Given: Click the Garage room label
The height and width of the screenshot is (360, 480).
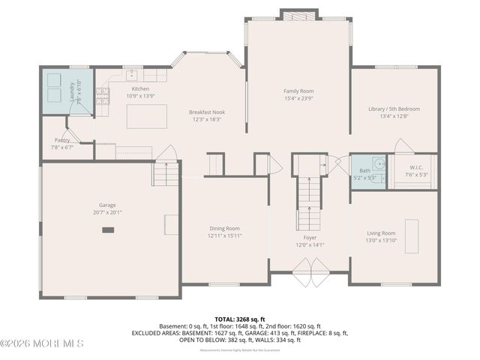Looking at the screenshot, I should pos(107,204).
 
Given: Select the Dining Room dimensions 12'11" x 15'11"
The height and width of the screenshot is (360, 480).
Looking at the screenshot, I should pos(225,235).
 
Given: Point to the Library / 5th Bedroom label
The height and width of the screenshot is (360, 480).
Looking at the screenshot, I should pos(394,109).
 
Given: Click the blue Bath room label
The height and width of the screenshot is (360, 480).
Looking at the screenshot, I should pos(364,171).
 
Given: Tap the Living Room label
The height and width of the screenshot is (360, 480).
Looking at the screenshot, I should pos(380,232).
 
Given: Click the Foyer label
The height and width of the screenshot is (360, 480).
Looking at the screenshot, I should pos(309,237).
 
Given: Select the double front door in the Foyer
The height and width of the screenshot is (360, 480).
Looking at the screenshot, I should pos(309,272).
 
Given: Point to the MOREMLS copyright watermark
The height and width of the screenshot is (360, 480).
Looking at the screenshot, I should pos(43,343).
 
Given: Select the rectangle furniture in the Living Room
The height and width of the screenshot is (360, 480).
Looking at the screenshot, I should pos(412,237).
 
